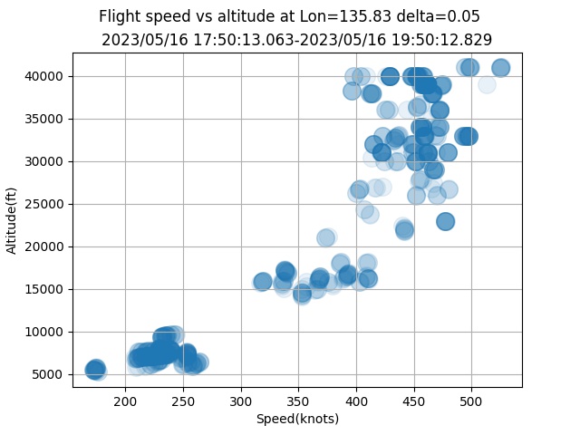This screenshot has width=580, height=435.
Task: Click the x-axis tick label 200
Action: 125,401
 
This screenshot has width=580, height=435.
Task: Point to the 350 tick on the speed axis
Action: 299,401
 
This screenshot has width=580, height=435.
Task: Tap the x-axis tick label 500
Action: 472,401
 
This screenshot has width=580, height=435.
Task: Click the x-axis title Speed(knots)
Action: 297,418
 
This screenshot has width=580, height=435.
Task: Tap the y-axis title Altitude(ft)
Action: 13,220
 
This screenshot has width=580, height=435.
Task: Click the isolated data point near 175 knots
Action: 95,369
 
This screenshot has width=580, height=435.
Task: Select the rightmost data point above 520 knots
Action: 500,68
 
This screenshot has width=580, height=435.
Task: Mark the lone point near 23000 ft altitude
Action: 445,221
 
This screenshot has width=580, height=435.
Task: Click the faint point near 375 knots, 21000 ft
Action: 326,237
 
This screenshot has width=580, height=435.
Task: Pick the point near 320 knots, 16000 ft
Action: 263,282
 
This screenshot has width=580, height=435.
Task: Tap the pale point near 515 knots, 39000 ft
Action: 487,84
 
